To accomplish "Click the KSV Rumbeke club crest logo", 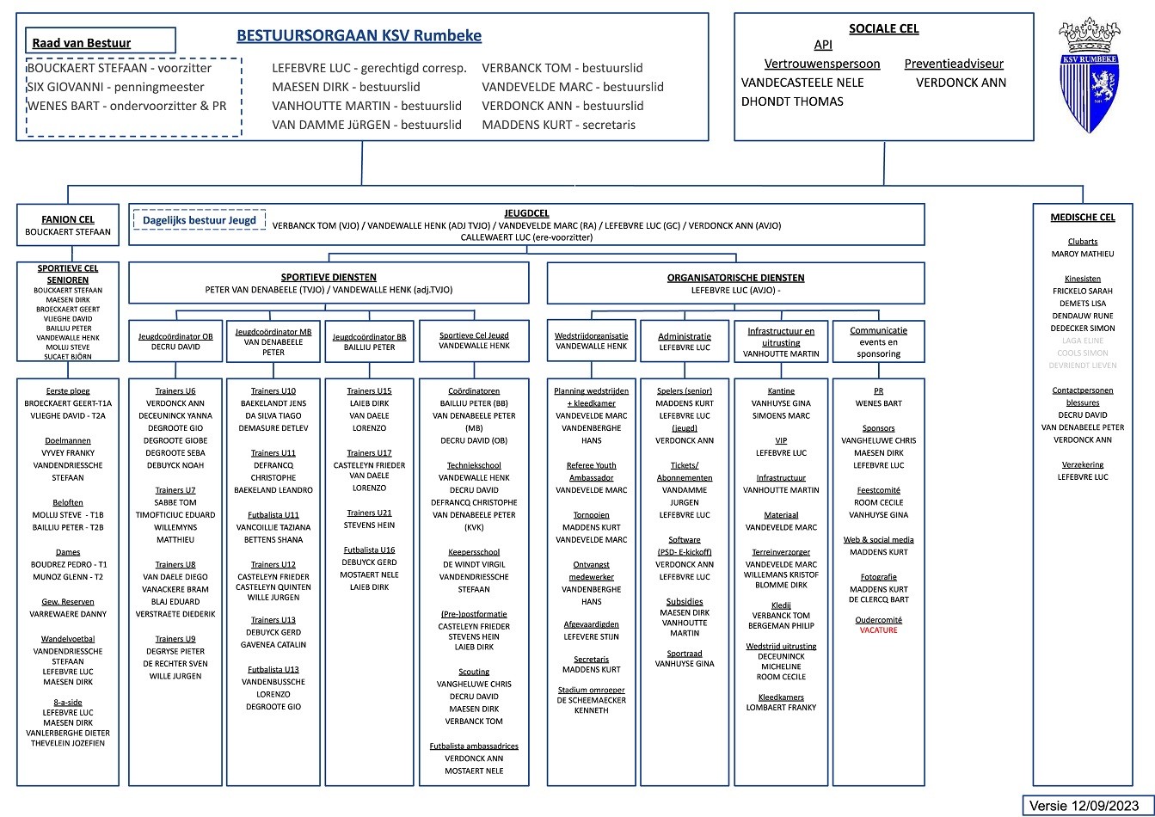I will pos(1090,76).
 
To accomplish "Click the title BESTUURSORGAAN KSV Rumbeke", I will pos(359,36).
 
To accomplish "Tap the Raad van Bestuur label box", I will pos(101,41).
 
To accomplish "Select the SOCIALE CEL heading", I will pos(883,28).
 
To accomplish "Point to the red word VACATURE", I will pos(878,630).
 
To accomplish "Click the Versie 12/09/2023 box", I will pos(1086,805).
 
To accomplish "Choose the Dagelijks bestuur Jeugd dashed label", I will pos(200,220).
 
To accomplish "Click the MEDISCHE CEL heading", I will pos(1082,218).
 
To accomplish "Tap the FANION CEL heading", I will pos(68,219).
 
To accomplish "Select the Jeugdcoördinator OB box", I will pos(175,341).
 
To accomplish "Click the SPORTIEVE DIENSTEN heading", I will pos(329,277).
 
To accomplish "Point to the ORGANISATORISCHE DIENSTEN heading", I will pos(735,278).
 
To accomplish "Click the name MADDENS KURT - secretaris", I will pos(558,125).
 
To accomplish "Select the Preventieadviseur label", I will pos(953,64).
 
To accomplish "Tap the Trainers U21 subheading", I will pos(368,513).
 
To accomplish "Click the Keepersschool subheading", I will pos(474,552).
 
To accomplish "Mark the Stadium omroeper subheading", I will pos(591,690).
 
